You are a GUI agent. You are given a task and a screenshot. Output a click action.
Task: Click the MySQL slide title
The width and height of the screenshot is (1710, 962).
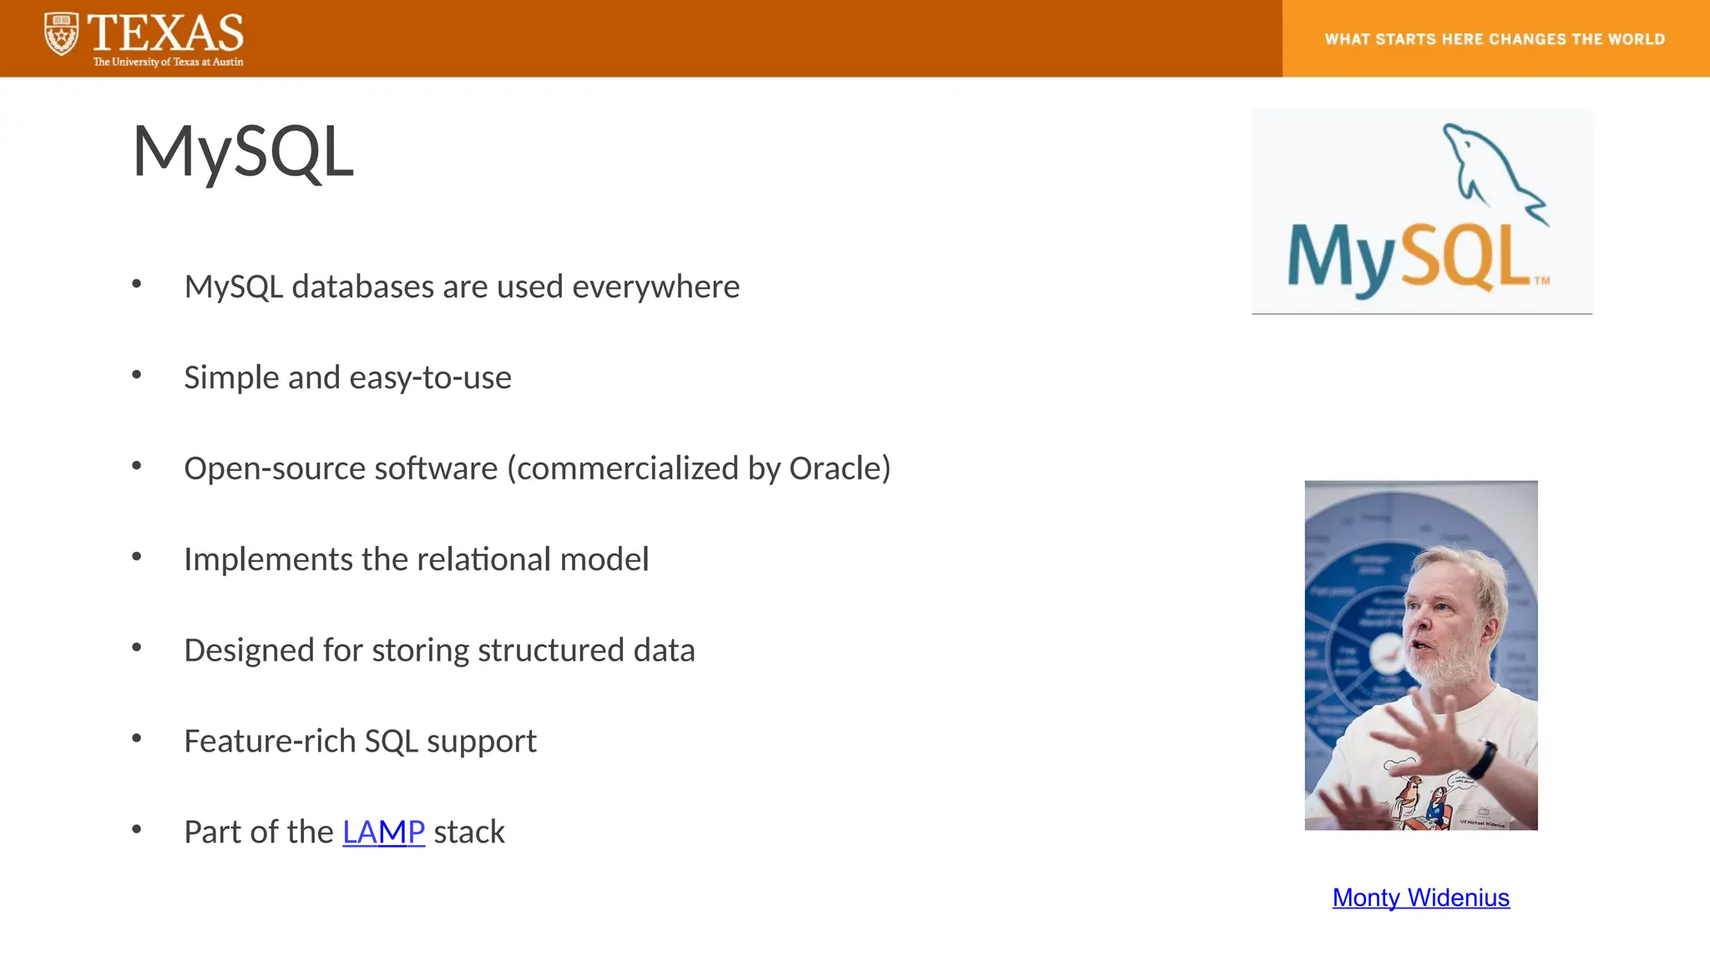[243, 152]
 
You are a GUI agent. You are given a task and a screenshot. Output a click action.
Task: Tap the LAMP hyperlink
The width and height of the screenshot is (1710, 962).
[383, 832]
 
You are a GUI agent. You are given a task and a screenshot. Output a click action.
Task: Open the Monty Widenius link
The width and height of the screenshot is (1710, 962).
[1420, 898]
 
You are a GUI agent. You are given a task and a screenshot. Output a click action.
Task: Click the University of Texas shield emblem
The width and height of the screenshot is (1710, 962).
[61, 34]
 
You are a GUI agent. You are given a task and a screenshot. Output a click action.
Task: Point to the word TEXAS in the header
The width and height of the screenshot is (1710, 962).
[165, 33]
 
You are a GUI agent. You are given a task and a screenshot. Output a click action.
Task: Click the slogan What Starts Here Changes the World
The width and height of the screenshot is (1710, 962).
[1495, 39]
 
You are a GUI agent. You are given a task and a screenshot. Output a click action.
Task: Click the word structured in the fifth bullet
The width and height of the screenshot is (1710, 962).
[551, 651]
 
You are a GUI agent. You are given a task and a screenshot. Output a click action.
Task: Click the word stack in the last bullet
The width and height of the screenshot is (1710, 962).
[469, 833]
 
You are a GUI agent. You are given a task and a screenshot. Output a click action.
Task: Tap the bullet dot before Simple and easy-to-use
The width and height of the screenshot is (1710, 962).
[137, 376]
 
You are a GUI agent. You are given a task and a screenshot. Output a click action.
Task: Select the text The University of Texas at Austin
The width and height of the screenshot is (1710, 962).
[168, 62]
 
